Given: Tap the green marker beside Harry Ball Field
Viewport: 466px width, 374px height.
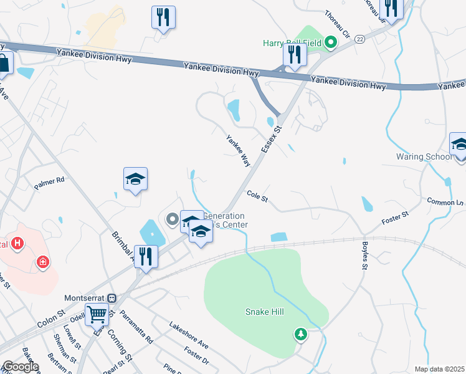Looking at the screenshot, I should click(x=331, y=43).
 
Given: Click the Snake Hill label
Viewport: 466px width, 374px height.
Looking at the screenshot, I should click(x=264, y=312).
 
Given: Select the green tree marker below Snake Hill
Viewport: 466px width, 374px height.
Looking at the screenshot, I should click(x=301, y=335).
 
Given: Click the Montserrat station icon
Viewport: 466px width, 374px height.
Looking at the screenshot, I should click(x=112, y=299).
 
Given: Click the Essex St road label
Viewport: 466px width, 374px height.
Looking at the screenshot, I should click(x=272, y=141).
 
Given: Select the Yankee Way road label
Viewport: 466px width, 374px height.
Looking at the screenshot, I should click(x=238, y=151).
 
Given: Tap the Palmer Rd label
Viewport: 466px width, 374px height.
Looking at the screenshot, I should click(x=49, y=183).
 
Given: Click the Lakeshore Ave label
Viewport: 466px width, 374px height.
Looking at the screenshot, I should click(x=189, y=334).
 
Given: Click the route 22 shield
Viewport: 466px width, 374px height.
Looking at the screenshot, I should click(x=360, y=39).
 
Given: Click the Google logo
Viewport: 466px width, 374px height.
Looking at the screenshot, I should click(x=20, y=367).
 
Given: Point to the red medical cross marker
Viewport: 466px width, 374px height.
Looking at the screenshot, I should click(x=42, y=261).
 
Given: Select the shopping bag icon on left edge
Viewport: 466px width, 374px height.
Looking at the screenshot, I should click(x=3, y=63).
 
